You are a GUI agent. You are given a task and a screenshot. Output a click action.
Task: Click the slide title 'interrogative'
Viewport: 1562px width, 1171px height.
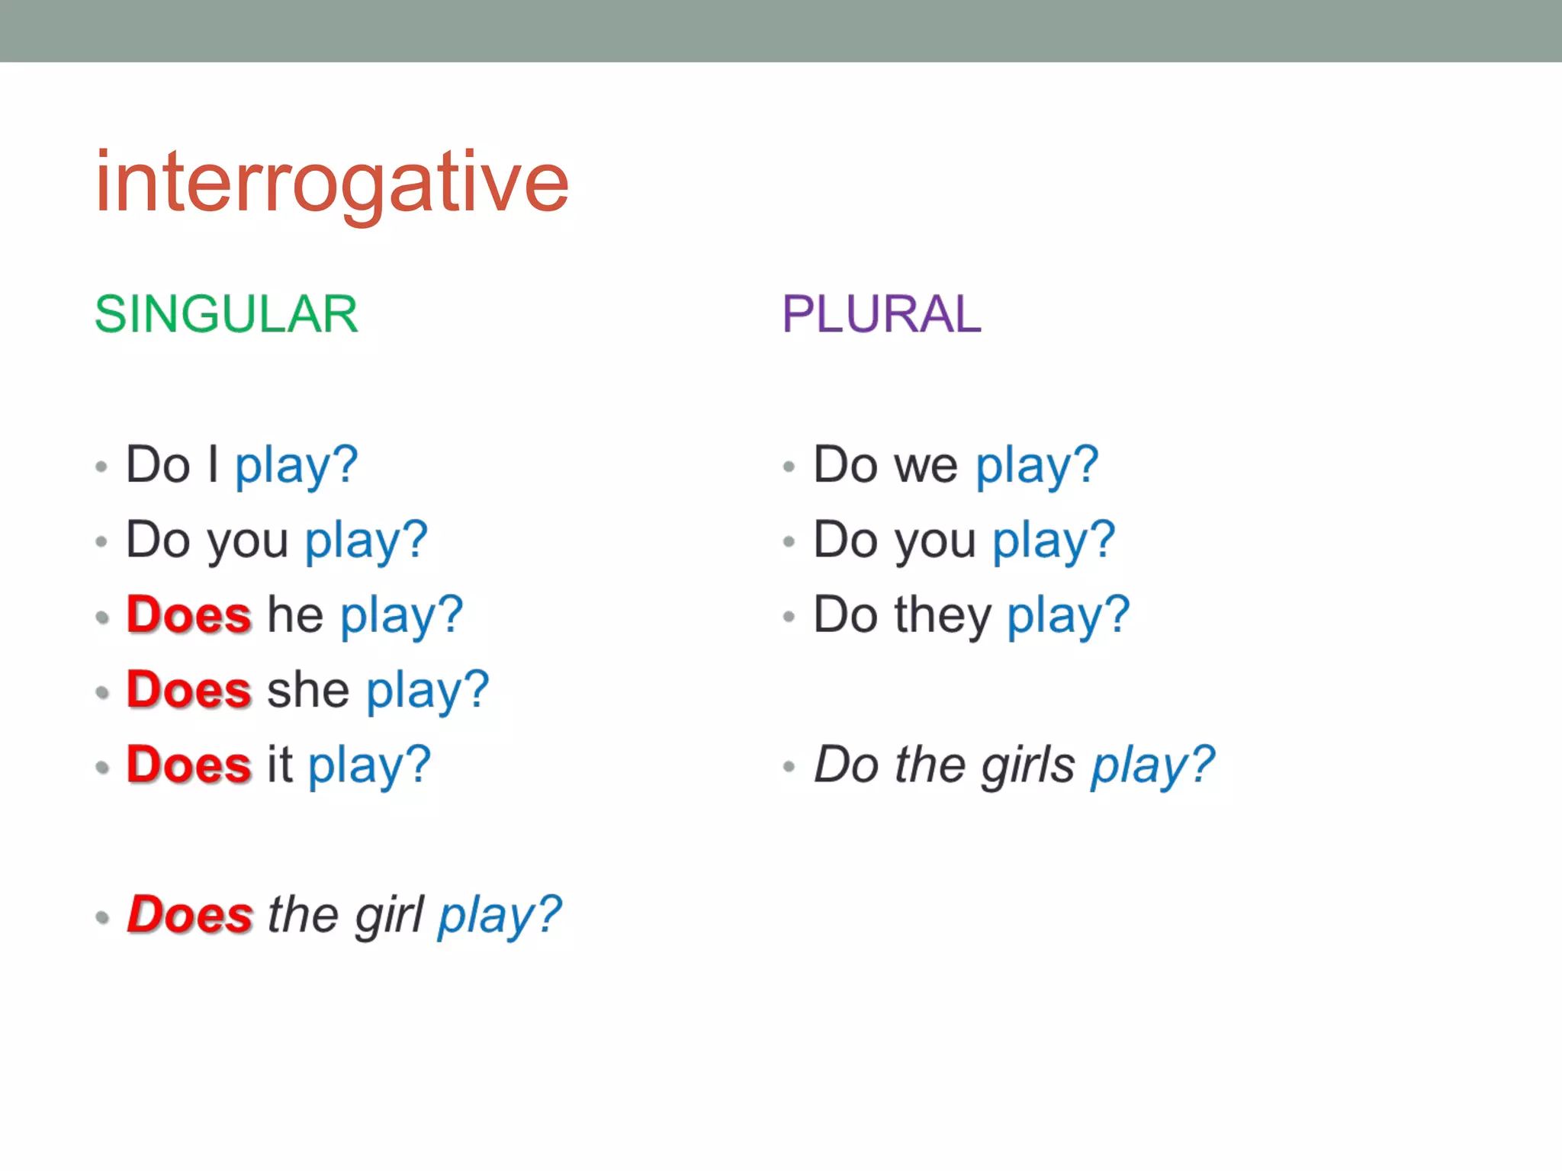tap(332, 183)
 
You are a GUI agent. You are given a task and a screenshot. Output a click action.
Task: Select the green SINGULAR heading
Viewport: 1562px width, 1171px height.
tap(226, 314)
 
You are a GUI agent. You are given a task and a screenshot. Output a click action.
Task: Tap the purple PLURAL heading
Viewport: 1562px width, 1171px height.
tap(882, 314)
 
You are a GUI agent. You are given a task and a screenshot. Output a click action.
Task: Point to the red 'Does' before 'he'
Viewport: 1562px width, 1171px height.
tap(188, 614)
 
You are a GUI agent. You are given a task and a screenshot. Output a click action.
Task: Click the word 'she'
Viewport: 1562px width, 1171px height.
tap(308, 690)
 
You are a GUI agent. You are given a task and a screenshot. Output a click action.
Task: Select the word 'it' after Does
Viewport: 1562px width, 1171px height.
tap(279, 765)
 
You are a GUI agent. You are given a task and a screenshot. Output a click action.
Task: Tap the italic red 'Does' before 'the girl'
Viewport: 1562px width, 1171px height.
tap(189, 915)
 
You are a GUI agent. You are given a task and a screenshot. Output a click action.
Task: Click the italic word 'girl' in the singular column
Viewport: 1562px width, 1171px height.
tap(389, 915)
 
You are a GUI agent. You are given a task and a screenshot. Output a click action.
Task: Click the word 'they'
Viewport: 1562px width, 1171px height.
tap(943, 614)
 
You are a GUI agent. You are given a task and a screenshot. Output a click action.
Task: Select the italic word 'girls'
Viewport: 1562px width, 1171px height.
tap(1028, 765)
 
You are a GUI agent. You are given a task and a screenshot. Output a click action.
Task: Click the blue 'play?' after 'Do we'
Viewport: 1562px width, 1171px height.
tap(1037, 465)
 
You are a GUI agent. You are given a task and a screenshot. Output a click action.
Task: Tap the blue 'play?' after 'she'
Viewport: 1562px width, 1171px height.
tap(427, 690)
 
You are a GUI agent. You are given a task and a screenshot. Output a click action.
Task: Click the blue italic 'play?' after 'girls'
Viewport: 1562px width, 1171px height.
tap(1152, 765)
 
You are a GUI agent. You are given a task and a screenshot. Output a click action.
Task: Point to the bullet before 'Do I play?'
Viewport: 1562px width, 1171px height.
tap(101, 467)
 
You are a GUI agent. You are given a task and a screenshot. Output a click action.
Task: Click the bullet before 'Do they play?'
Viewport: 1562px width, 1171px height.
tap(789, 617)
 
